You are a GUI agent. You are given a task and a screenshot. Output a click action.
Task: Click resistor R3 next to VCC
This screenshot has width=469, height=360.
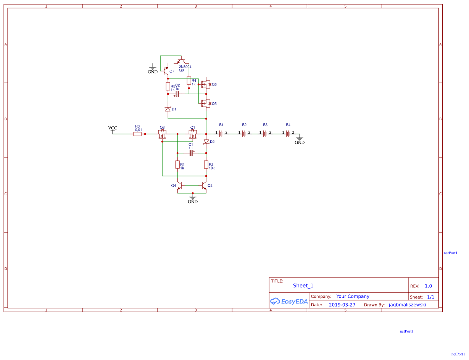pos(137,134)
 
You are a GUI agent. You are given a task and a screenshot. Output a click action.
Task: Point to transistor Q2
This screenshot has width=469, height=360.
pos(205,186)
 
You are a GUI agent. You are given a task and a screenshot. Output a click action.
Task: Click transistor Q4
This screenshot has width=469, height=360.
pos(179,186)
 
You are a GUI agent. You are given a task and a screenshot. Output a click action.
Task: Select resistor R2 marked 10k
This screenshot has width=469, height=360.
pos(206,165)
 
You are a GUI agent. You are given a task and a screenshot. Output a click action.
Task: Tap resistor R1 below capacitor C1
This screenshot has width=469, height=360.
pos(177,165)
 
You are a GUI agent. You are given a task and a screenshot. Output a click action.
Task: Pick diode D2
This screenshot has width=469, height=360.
pos(206,142)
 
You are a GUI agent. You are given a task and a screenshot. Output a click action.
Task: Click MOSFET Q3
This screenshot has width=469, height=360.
pos(162,134)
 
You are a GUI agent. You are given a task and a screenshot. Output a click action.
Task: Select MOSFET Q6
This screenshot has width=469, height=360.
pos(206,84)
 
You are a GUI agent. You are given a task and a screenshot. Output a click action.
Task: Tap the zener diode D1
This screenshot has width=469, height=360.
pos(168,109)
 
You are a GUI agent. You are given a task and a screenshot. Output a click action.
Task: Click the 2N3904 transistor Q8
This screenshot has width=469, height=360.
pos(182,61)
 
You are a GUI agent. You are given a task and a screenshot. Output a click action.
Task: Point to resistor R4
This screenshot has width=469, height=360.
pos(189,81)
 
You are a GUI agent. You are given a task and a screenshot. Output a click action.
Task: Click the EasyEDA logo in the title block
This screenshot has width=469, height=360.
pos(289,301)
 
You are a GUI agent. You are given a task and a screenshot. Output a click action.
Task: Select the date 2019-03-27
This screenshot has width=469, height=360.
pos(342,305)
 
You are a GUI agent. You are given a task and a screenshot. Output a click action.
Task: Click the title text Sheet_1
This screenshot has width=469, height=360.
pos(303,286)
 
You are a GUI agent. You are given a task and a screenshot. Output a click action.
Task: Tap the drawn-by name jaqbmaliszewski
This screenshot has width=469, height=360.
pos(407,305)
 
